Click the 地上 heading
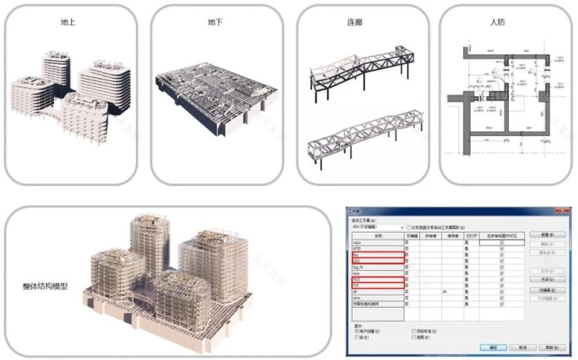click(68, 22)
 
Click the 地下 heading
click(215, 22)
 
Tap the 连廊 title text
click(355, 22)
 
